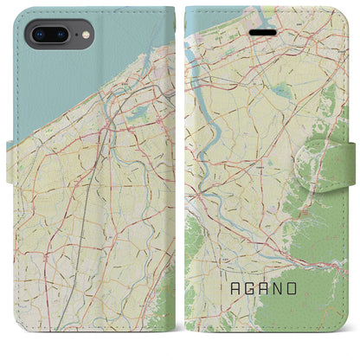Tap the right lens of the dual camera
click(x=61, y=36)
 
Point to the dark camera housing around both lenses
click(x=50, y=36)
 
